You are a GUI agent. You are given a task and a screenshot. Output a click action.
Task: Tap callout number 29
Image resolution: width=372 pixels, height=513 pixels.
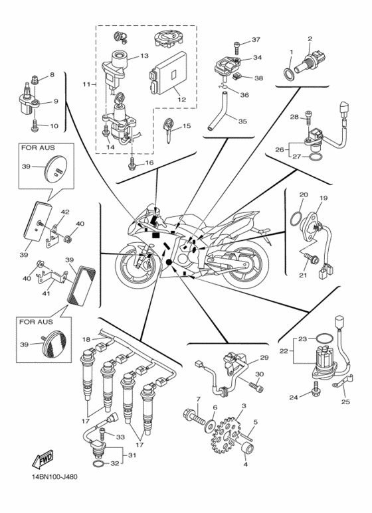(264, 358)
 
